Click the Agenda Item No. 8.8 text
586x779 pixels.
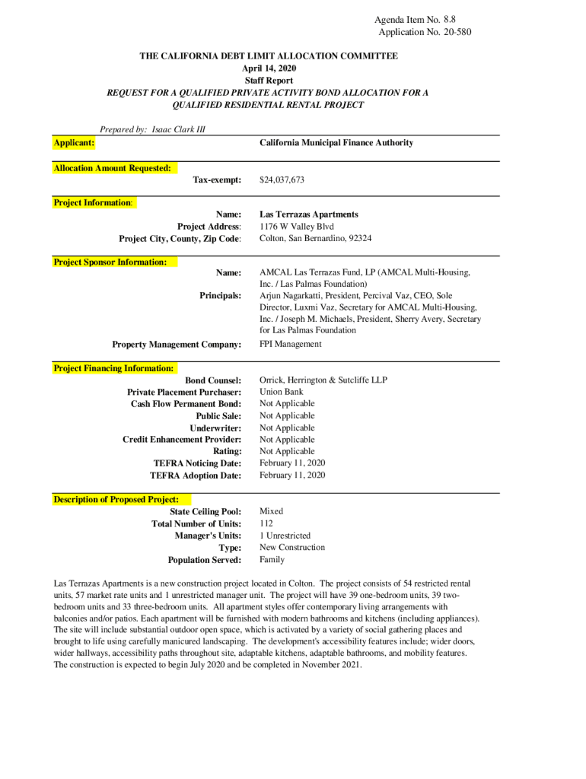[x=415, y=20]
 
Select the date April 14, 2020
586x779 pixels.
[x=268, y=68]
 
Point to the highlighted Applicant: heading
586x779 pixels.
[x=74, y=142]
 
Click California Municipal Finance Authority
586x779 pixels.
[x=336, y=142]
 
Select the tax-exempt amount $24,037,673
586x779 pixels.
[x=282, y=180]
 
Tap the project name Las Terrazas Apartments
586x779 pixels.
[x=308, y=215]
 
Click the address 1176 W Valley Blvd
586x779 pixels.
[x=297, y=227]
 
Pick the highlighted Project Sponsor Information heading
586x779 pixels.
[x=110, y=262]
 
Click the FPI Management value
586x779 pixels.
[x=291, y=344]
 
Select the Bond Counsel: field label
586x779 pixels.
[x=213, y=380]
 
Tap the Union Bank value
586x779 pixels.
[x=282, y=392]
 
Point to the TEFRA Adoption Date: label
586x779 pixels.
[x=196, y=475]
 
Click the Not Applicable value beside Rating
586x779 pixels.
[x=287, y=451]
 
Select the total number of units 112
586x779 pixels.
[x=266, y=523]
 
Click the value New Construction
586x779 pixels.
[x=292, y=547]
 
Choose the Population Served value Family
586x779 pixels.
[x=272, y=559]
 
